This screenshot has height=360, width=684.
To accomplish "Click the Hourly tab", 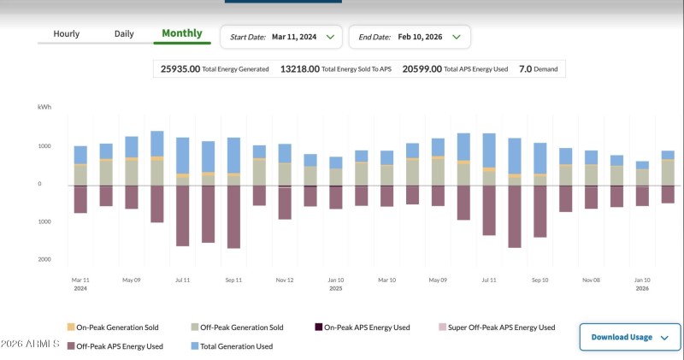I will click(x=66, y=34).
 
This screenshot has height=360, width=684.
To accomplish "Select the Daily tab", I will click(x=124, y=34).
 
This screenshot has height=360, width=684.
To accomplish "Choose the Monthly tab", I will click(x=182, y=34).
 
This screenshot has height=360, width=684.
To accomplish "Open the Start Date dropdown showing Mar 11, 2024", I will click(x=281, y=37).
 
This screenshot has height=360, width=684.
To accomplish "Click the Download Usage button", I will click(x=629, y=337).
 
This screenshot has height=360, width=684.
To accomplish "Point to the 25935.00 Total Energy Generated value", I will click(x=180, y=69).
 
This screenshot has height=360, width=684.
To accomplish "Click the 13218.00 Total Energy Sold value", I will click(x=300, y=69).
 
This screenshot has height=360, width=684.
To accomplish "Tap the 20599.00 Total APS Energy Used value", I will click(x=422, y=69).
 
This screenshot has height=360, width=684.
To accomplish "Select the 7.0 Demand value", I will click(x=526, y=69).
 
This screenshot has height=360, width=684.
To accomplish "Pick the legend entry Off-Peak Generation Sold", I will click(x=236, y=328).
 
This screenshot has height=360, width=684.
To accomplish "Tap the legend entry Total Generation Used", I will click(x=230, y=346).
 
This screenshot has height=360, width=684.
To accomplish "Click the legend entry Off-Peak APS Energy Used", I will click(x=115, y=346).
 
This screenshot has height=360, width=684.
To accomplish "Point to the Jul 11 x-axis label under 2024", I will click(x=182, y=280).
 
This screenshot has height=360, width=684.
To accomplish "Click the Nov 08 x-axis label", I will click(x=591, y=280).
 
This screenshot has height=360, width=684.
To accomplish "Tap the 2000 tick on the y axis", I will click(x=44, y=259).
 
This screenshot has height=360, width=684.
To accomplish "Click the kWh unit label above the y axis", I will click(x=44, y=108).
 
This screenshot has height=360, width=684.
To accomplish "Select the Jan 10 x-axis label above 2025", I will click(x=336, y=280).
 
